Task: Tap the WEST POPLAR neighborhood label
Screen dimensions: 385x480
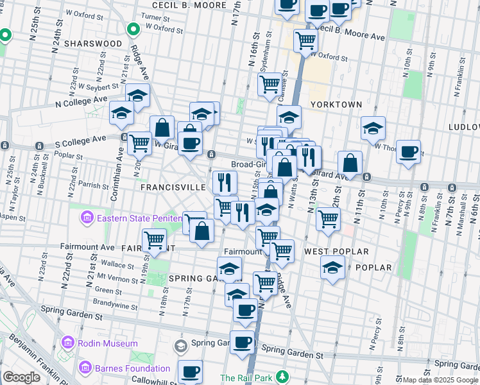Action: (x=336, y=251)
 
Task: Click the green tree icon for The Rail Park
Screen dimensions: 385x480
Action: (x=280, y=378)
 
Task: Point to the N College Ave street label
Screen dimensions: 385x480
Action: (x=81, y=101)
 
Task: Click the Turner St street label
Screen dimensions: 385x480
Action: (x=153, y=16)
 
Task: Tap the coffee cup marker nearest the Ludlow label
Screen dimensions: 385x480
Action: (x=408, y=152)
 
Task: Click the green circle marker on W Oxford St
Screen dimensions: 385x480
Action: (x=133, y=29)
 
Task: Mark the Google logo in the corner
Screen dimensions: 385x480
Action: (x=21, y=377)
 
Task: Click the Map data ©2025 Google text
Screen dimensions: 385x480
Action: (x=440, y=380)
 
